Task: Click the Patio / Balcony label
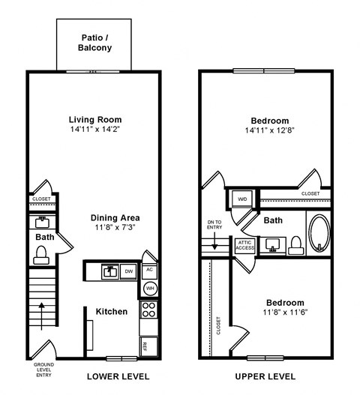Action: coord(94,42)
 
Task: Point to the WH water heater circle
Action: coord(148,288)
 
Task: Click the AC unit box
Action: coord(148,270)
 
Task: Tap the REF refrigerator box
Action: coord(145,346)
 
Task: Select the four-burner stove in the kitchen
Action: coord(148,310)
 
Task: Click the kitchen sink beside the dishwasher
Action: coord(109,271)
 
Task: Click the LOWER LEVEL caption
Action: coord(118,376)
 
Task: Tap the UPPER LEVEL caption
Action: coord(265,376)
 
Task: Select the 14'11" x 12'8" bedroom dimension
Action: coord(269,130)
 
